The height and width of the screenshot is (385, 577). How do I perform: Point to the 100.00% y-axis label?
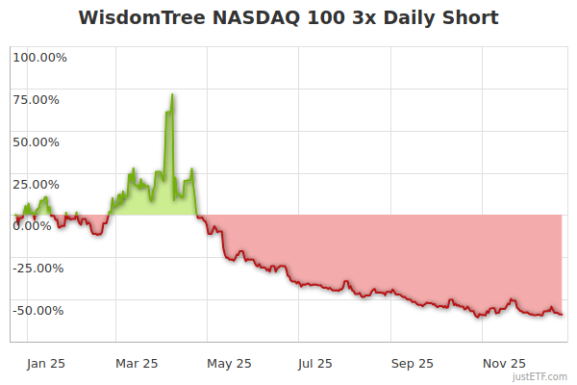(39, 57)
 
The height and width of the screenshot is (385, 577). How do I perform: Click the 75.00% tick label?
(39, 99)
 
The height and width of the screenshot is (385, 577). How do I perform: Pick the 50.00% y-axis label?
(39, 141)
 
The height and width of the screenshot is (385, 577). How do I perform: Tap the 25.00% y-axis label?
(39, 184)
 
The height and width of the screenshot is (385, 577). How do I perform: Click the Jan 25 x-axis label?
(45, 363)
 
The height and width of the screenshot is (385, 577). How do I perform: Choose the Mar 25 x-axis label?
(136, 363)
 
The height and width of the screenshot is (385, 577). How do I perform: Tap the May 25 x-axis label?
(228, 363)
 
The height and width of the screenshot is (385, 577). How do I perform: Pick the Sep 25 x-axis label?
(412, 363)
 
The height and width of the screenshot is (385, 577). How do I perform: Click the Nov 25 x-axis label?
(504, 363)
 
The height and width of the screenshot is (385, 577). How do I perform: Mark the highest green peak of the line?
(171, 94)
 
